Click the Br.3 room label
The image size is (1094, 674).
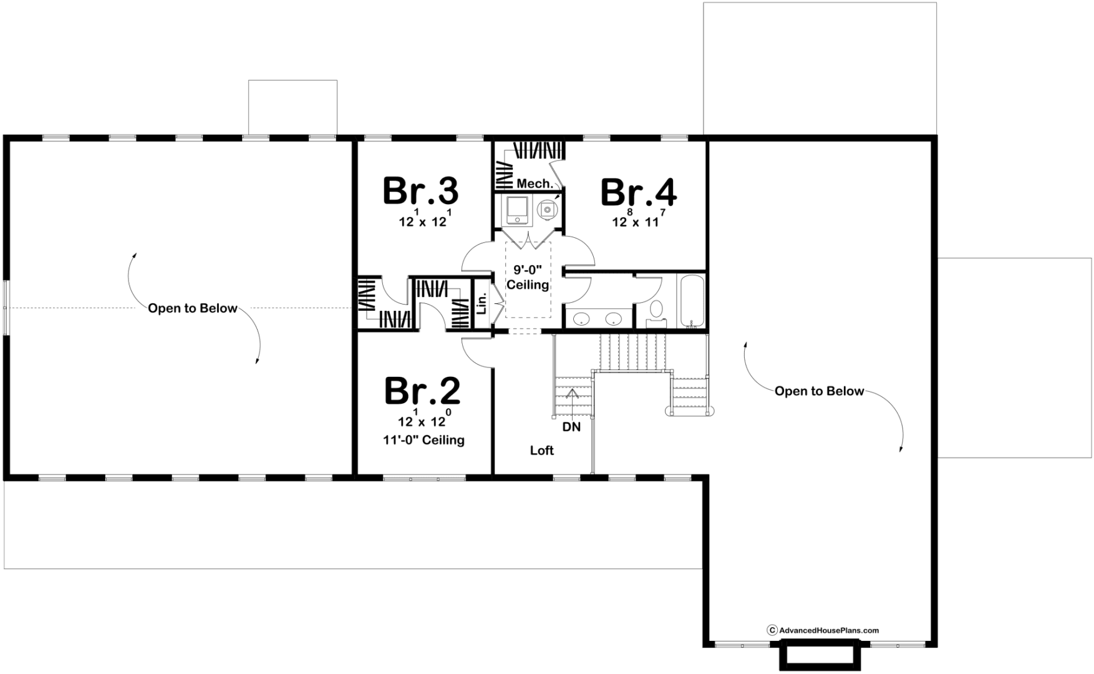tap(420, 190)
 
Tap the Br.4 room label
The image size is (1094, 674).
tap(638, 192)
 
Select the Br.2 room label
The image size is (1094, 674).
tap(422, 391)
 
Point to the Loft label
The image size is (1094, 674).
tap(542, 450)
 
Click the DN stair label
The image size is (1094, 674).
tap(571, 427)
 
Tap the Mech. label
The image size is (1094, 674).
tap(535, 183)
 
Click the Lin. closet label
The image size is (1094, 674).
tap(481, 305)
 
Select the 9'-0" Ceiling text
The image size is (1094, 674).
tap(528, 278)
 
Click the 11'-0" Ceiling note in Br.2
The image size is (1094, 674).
tap(424, 440)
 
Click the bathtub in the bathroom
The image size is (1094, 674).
tap(692, 300)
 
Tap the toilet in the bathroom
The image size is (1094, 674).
tap(656, 311)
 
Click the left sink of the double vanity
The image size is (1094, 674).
tap(581, 318)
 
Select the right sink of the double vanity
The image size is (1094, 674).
tap(614, 318)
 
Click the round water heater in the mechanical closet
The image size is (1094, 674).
tap(547, 209)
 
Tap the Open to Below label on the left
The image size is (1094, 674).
tap(193, 308)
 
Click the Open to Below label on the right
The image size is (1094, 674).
tap(820, 391)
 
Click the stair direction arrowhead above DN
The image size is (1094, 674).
tap(572, 393)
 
